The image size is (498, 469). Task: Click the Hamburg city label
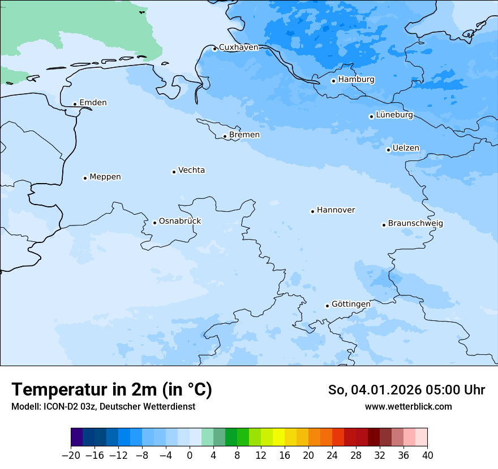click(356, 80)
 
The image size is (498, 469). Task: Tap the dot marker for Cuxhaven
click(214, 49)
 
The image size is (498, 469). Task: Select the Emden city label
click(93, 103)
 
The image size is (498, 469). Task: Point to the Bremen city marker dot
click(225, 136)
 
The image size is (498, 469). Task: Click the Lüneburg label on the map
click(394, 115)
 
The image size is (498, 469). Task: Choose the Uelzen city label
click(406, 149)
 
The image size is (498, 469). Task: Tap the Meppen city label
click(105, 177)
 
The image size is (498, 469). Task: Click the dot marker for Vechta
click(174, 172)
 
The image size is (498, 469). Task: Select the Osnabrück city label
click(179, 222)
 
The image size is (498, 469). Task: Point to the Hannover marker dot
click(312, 211)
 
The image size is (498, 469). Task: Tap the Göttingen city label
click(351, 305)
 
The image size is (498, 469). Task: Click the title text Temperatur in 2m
click(111, 390)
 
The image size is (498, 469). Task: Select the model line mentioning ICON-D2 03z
click(103, 407)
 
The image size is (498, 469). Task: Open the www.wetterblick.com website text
click(408, 407)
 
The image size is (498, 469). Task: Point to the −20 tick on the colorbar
click(71, 455)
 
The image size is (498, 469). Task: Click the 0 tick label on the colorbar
click(190, 455)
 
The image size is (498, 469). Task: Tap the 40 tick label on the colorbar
click(427, 455)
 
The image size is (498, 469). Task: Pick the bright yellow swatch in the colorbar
click(278, 437)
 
